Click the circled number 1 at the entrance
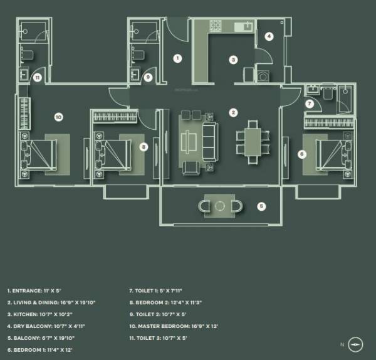pyautogui.click(x=177, y=58)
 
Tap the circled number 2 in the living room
pyautogui.click(x=233, y=113)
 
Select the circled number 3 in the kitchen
pyautogui.click(x=233, y=60)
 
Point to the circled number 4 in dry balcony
pyautogui.click(x=269, y=36)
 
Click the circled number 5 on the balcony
pyautogui.click(x=262, y=205)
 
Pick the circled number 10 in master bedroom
pyautogui.click(x=58, y=117)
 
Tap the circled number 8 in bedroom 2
pyautogui.click(x=144, y=147)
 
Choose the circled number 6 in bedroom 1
pyautogui.click(x=301, y=153)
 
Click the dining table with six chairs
pyautogui.click(x=252, y=141)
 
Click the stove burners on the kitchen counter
pyautogui.click(x=216, y=26)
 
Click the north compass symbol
pyautogui.click(x=356, y=344)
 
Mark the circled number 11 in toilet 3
pyautogui.click(x=38, y=78)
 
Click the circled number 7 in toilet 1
pyautogui.click(x=310, y=103)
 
